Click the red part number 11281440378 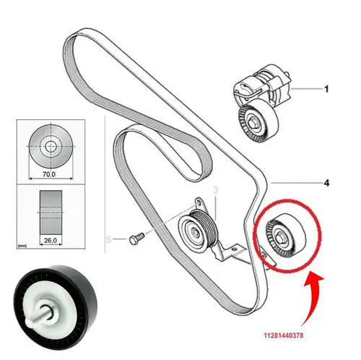[x=284, y=335]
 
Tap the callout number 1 [x=326, y=89]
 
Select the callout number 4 [x=326, y=183]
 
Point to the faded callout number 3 [x=216, y=190]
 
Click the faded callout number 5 [x=109, y=239]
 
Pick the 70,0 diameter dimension [x=49, y=173]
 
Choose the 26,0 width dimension [x=51, y=240]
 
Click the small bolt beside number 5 [x=136, y=238]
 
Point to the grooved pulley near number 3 [x=198, y=231]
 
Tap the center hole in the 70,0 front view [x=51, y=146]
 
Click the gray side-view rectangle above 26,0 [x=51, y=213]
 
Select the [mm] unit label [x=22, y=246]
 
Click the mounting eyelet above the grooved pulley [x=199, y=202]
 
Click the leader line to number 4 [x=297, y=183]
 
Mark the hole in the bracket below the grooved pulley [x=235, y=249]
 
